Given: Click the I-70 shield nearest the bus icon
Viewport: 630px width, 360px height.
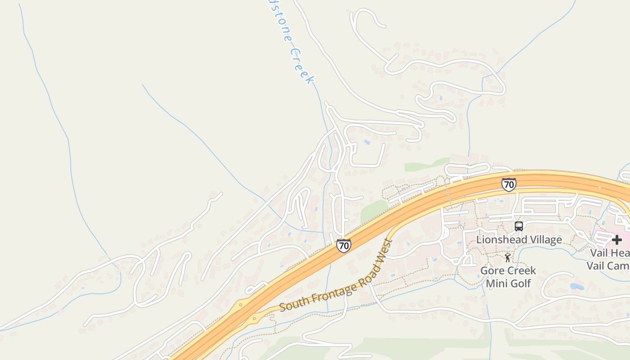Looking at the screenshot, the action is coord(508,184).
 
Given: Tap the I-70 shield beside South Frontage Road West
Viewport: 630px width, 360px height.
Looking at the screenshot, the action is coord(343,246).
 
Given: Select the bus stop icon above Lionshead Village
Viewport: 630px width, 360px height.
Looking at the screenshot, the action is coord(518,226).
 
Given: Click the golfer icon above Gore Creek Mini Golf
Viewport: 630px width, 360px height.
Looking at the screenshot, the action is coord(508,257).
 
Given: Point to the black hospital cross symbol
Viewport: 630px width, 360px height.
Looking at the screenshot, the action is coord(616,240).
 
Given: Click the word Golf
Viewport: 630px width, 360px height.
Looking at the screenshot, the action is coord(519,283).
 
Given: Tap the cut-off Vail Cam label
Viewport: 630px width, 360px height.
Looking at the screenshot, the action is coord(608,265).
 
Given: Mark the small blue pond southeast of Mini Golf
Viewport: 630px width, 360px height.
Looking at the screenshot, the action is coord(576,286).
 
